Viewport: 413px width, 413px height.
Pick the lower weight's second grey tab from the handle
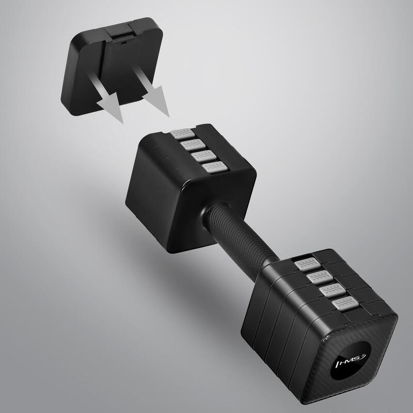coord(319,278)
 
